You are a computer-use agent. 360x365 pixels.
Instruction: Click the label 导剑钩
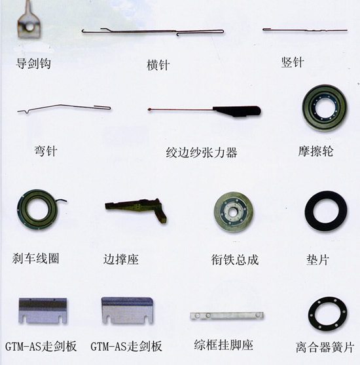[x=33, y=64]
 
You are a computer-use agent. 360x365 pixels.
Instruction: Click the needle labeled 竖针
[x=304, y=29]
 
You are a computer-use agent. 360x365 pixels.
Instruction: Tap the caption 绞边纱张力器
[x=201, y=153]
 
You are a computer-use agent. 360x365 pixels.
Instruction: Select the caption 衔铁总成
[x=235, y=259]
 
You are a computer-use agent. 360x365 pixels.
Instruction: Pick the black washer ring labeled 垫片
[x=326, y=211]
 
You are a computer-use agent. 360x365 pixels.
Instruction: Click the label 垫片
[x=317, y=259]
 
